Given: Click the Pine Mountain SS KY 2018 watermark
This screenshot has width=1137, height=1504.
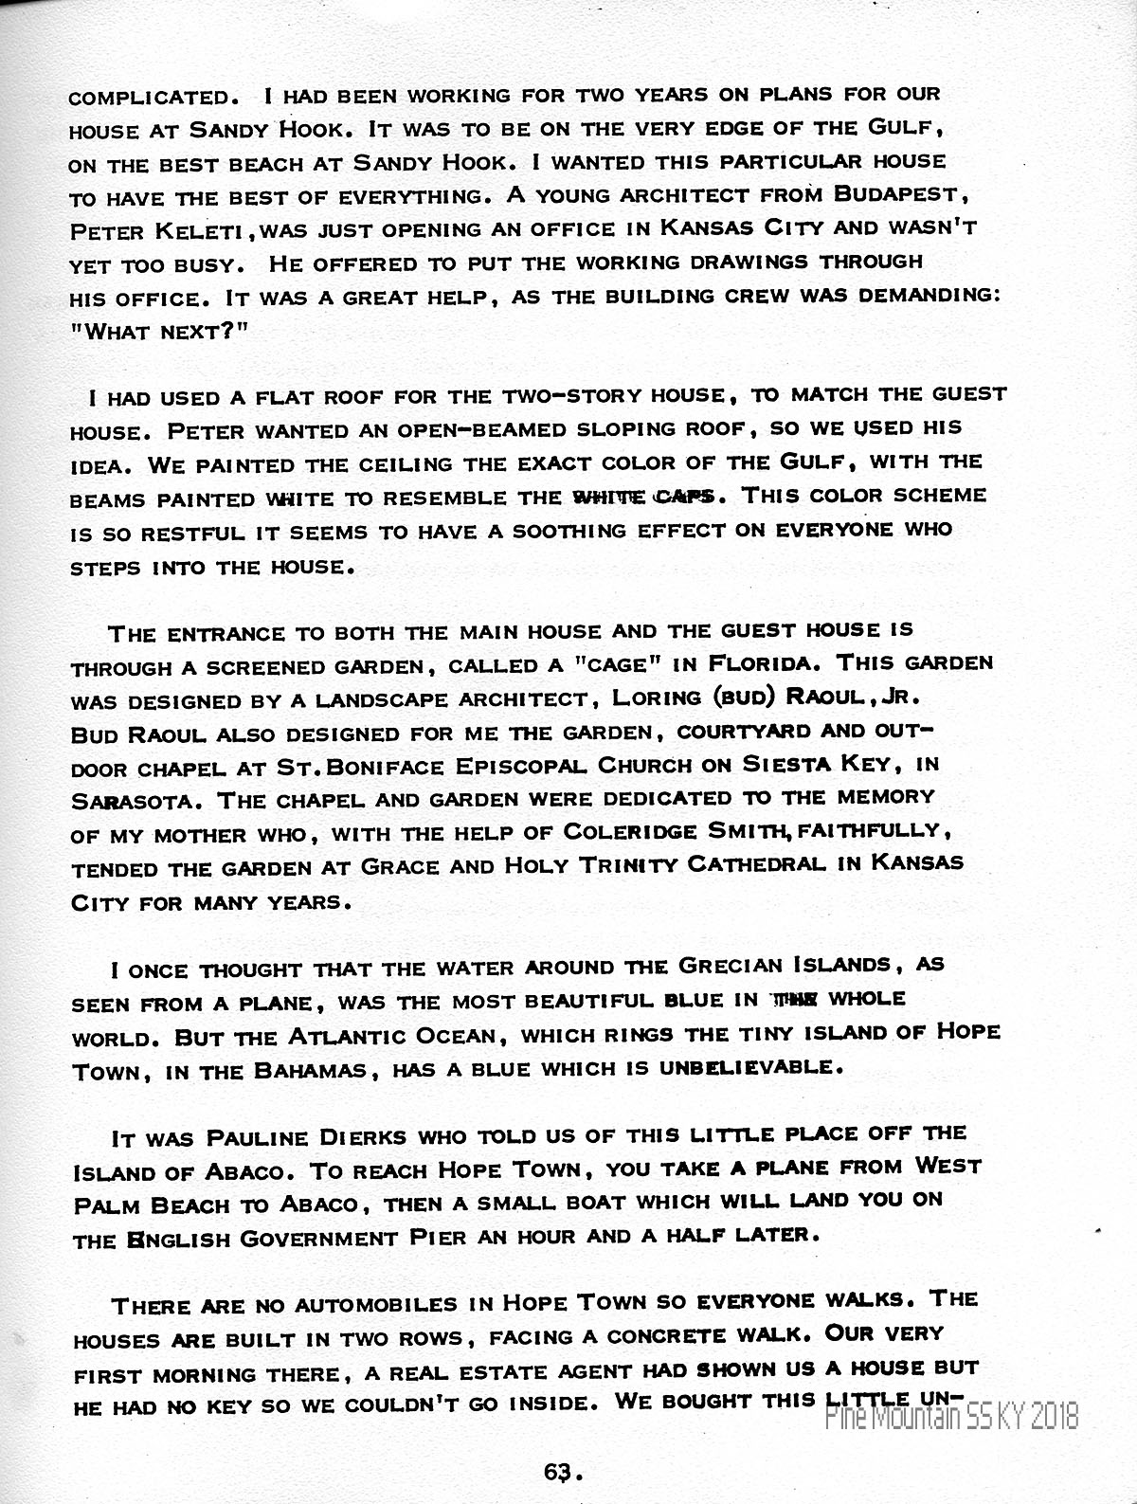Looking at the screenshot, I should click(951, 1417).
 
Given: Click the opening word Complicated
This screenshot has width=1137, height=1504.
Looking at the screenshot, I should click(150, 97).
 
